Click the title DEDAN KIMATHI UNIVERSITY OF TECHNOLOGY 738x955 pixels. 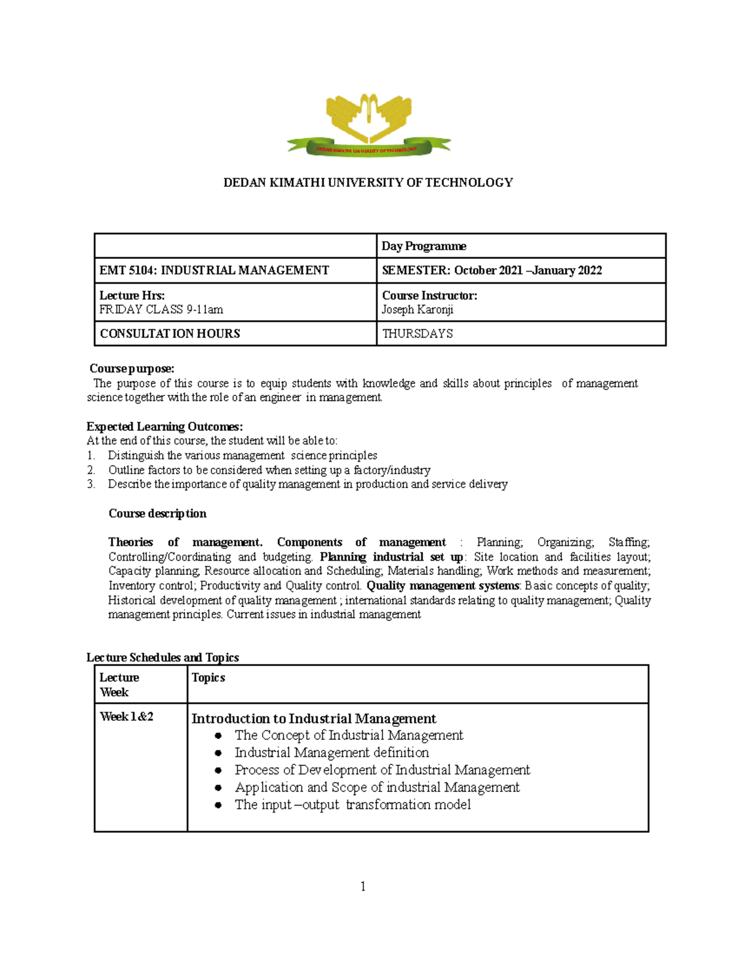(368, 183)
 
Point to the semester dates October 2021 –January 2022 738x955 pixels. (528, 271)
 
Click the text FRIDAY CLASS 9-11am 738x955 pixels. (161, 309)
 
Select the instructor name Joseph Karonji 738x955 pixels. (417, 309)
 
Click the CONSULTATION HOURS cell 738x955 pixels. (170, 333)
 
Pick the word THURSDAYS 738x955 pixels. (417, 333)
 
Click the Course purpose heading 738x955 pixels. (132, 368)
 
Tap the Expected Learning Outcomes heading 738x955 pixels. (164, 426)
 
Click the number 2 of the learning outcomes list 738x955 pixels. (90, 470)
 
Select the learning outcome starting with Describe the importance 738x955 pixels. (307, 484)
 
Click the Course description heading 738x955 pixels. (157, 513)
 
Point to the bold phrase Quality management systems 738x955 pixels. (443, 585)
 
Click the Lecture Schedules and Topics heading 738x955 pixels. (162, 657)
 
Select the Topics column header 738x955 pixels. (208, 678)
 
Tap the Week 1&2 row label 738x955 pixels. (127, 716)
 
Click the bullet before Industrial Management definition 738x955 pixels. (218, 753)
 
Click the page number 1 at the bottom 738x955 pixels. (363, 886)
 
